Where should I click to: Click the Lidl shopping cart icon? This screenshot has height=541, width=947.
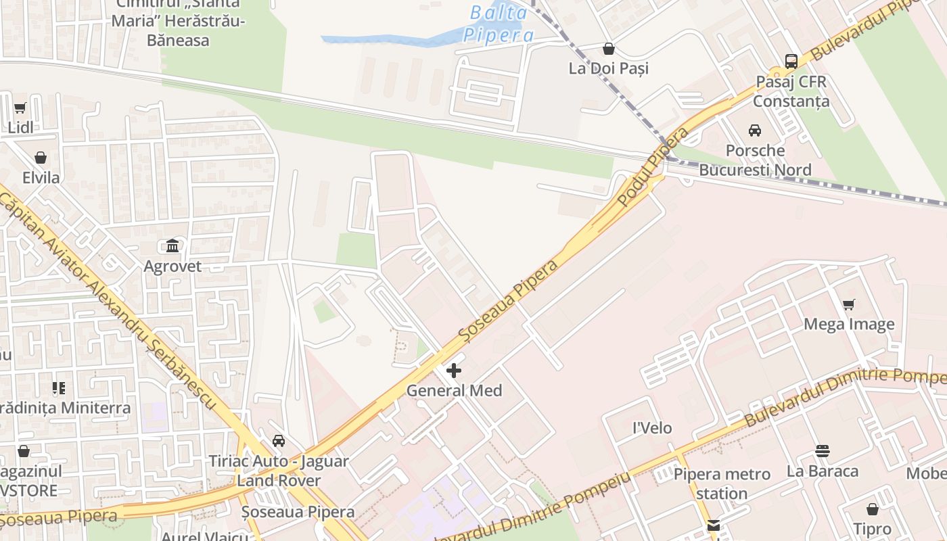[x=20, y=108]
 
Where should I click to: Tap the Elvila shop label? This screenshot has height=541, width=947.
[x=41, y=178]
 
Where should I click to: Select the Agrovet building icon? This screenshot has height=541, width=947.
[x=172, y=245]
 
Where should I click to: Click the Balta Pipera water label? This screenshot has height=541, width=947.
[x=499, y=24]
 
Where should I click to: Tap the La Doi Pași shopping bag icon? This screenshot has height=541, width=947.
[x=609, y=49]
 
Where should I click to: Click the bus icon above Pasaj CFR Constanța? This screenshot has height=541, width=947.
[x=791, y=62]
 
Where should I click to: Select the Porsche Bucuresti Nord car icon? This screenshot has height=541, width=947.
[x=755, y=130]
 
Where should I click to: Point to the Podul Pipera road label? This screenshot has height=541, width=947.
[x=653, y=166]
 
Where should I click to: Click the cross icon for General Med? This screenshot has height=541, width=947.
[x=454, y=371]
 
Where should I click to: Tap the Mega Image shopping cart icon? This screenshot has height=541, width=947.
[x=849, y=304]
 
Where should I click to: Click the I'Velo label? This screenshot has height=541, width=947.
[x=652, y=428]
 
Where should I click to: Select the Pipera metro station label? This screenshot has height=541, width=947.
[x=722, y=484]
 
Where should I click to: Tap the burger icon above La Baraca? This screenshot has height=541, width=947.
[x=823, y=451]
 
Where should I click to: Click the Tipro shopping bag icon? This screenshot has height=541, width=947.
[x=873, y=509]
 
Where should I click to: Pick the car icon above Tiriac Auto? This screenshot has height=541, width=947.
[x=279, y=441]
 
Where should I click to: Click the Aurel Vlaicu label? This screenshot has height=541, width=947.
[x=205, y=536]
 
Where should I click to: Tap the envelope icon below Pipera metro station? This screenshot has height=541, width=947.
[x=713, y=526]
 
